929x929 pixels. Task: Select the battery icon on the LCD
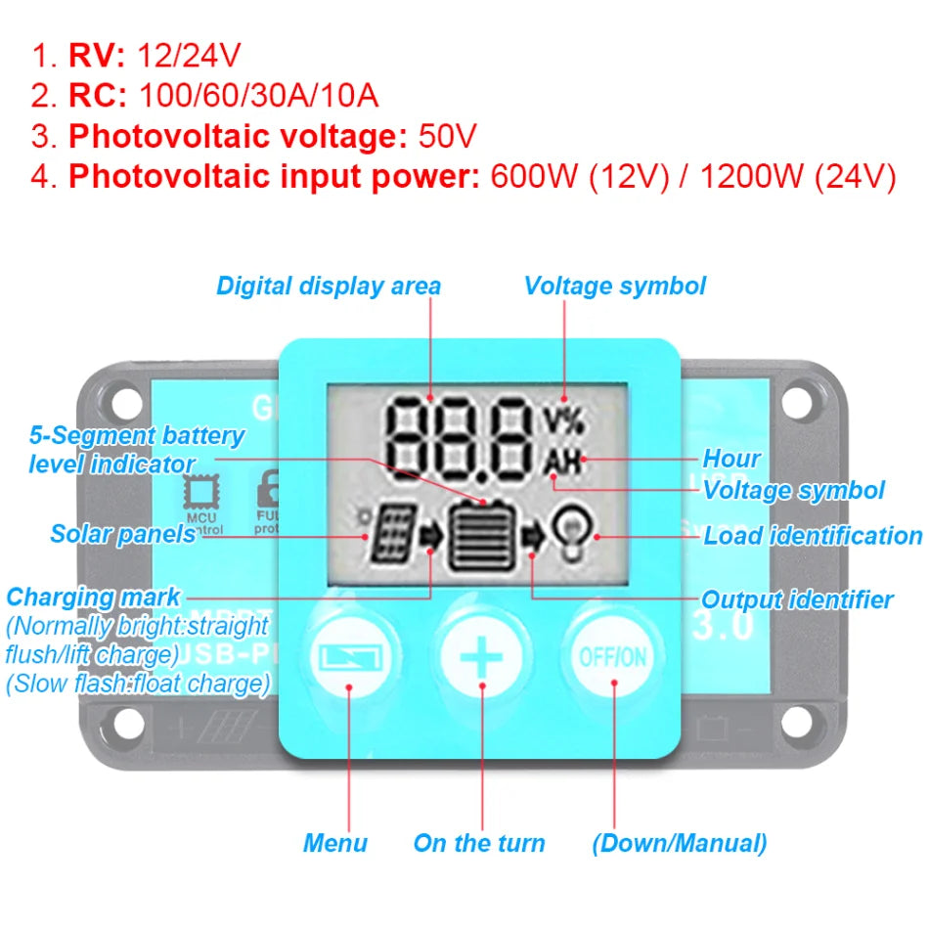click(x=480, y=534)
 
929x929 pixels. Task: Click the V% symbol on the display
click(x=562, y=420)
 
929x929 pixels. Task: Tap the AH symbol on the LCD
click(x=562, y=460)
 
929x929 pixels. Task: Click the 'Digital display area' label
click(x=329, y=287)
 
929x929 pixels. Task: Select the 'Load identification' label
click(x=813, y=536)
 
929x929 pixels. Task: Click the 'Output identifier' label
click(x=797, y=599)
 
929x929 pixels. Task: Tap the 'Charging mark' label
click(x=93, y=597)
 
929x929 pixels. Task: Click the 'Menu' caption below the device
click(x=335, y=843)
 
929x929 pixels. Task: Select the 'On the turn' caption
click(x=479, y=843)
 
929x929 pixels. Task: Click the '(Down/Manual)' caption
click(x=679, y=843)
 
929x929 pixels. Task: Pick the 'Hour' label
click(x=731, y=458)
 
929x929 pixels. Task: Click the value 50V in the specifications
click(x=447, y=136)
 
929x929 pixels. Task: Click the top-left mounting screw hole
click(x=127, y=398)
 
